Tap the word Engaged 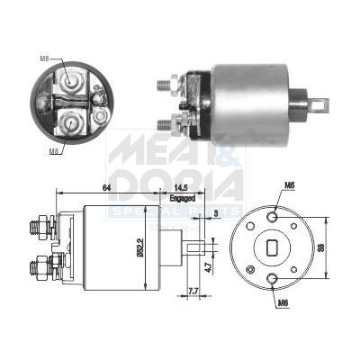pos(181,197)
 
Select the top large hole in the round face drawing pos(272,214)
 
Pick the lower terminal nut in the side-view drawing pos(40,267)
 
